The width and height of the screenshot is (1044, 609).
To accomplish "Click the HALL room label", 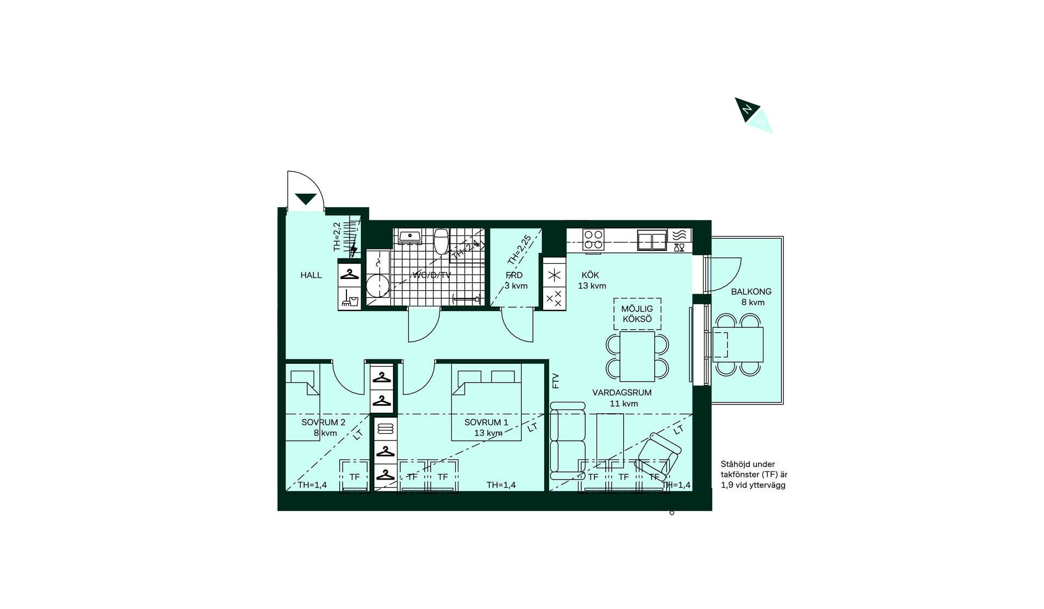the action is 311,275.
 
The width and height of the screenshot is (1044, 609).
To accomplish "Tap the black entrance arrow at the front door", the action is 306,199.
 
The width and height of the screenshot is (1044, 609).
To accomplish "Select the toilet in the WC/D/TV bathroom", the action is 441,241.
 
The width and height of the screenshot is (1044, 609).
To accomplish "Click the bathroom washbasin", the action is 409,237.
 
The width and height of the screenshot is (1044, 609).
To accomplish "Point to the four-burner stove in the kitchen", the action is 593,239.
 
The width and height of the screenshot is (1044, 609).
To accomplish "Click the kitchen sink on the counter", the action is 652,240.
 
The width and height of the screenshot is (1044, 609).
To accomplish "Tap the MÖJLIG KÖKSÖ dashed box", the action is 637,314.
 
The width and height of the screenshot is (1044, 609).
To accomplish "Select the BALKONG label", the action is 751,291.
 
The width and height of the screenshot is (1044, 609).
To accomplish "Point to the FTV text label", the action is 555,381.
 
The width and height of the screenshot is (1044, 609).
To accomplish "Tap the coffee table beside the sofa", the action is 610,440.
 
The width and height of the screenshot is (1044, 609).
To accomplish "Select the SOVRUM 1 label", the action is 486,422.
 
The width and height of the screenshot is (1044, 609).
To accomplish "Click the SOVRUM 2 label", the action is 324,422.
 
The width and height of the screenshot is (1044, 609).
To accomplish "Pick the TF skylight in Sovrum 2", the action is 355,476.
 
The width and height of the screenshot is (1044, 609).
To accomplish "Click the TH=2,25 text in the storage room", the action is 519,249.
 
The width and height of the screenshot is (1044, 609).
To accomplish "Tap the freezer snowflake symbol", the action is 554,275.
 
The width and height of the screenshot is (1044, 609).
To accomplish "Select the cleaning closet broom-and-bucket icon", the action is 350,298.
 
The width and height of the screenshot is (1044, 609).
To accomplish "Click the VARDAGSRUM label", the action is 622,393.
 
